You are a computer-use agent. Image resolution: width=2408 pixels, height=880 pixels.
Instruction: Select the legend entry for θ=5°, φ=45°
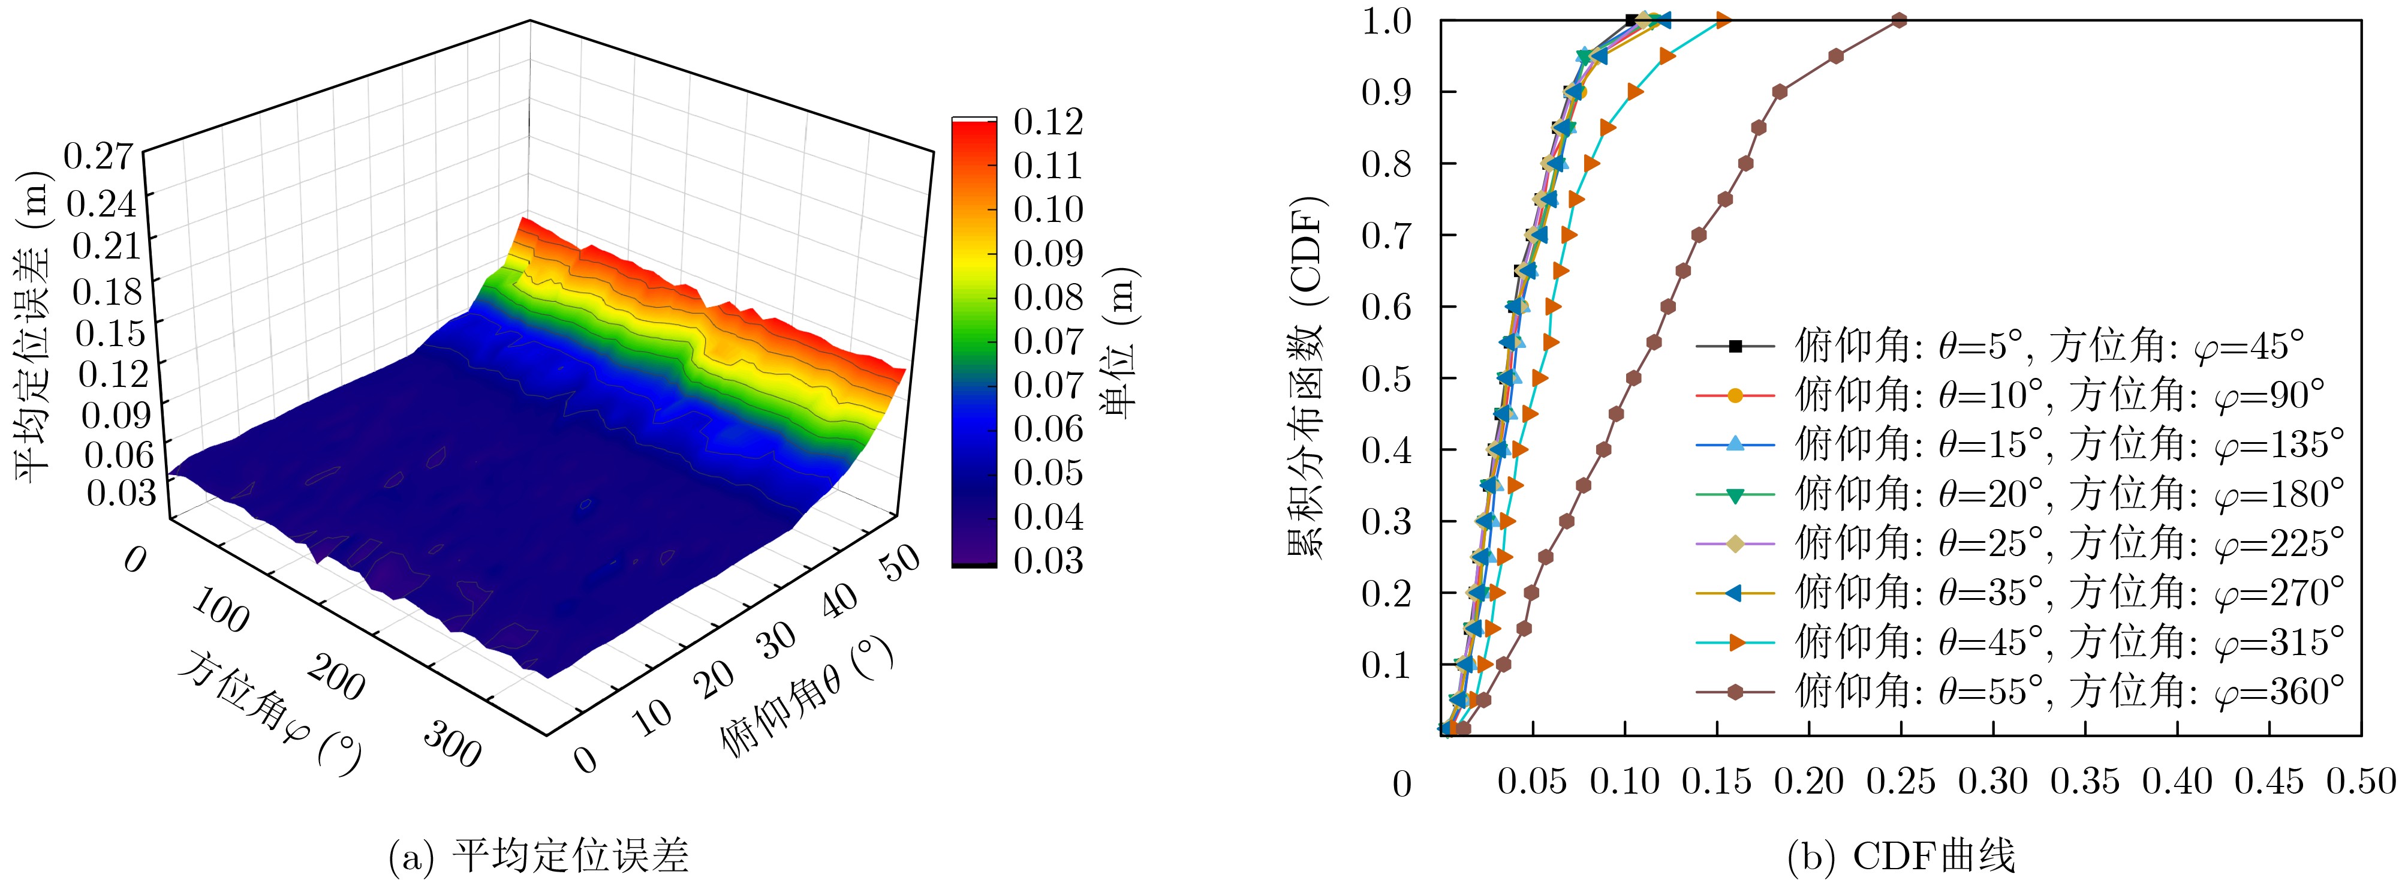(x=2000, y=346)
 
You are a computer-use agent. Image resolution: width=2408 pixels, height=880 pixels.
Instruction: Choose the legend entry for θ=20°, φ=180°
(x=2019, y=494)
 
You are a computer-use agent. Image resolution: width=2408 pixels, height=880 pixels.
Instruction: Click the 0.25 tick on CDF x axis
(x=1900, y=782)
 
